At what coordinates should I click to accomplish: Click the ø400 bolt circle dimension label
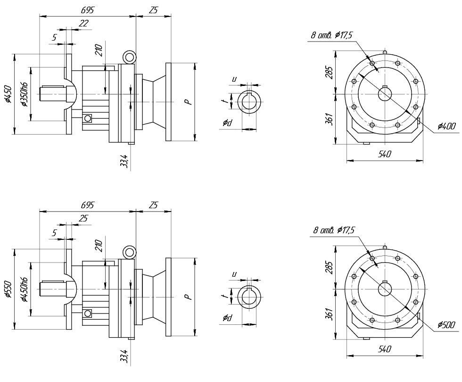point(446,126)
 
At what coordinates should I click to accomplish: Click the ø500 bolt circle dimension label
point(446,325)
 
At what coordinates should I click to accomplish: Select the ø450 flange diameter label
point(8,93)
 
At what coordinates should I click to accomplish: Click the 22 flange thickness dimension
point(83,23)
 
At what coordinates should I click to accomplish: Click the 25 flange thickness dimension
point(83,219)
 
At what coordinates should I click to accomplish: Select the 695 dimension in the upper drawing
point(88,10)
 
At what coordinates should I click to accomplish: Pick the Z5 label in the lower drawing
point(153,205)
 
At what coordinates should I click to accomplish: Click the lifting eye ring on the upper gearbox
point(129,57)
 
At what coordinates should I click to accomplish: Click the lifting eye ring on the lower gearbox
point(129,252)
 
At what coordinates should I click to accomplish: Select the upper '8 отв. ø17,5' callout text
point(331,35)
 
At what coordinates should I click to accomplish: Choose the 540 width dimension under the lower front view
point(385,349)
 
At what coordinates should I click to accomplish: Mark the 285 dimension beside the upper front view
point(330,72)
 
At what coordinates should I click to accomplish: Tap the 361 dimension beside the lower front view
point(330,313)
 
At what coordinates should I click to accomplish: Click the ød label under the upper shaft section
point(228,123)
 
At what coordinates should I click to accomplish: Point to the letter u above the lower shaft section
point(234,274)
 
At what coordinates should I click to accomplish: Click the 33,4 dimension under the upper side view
point(124,160)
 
